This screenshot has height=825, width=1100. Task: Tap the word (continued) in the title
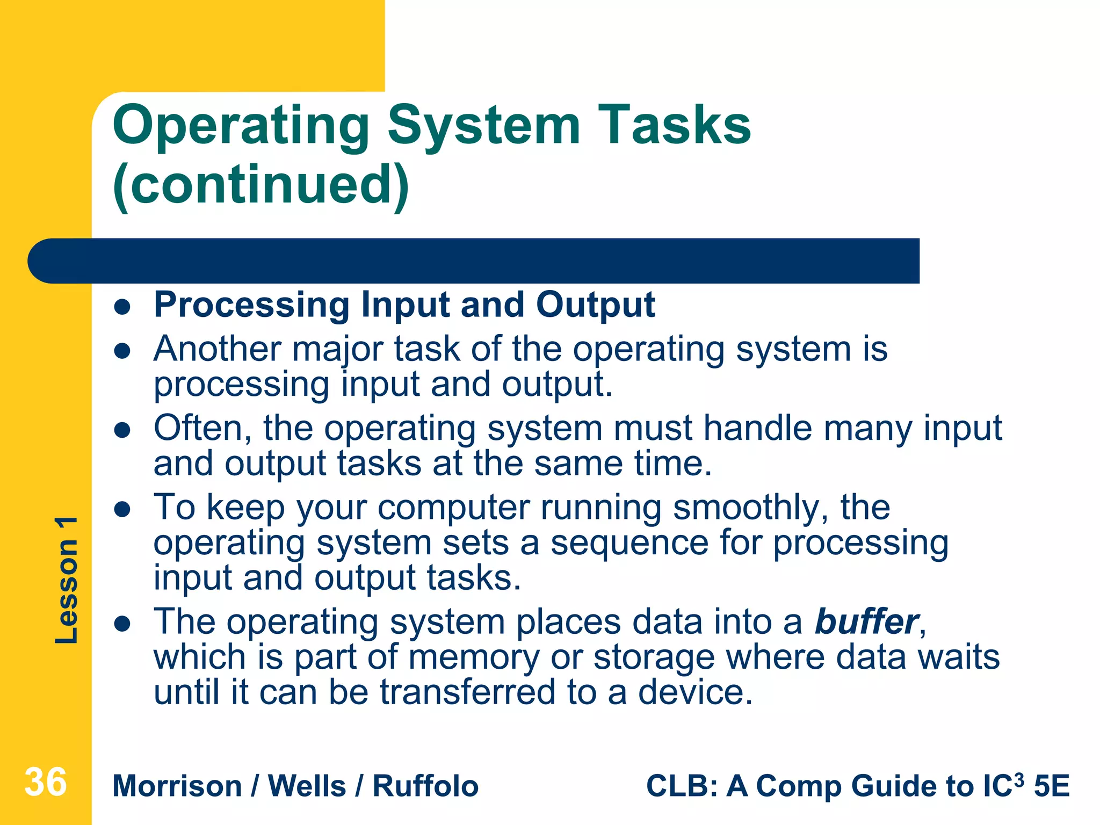(261, 185)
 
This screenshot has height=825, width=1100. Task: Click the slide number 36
(46, 783)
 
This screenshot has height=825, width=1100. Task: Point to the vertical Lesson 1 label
(67, 580)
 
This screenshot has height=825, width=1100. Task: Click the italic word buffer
(866, 622)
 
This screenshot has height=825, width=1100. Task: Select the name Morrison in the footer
(177, 786)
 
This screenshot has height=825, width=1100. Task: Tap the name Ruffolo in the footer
(425, 786)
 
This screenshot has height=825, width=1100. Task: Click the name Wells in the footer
(307, 786)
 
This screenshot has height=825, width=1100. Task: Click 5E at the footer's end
(1052, 786)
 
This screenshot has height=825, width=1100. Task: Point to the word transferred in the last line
(467, 692)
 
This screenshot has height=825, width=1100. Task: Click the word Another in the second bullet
(217, 349)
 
